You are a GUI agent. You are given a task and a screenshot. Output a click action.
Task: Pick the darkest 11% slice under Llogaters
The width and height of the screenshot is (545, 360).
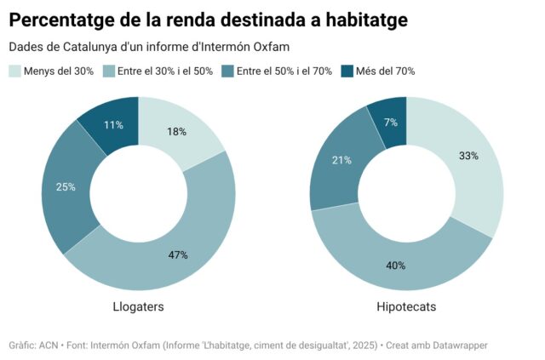click(x=113, y=123)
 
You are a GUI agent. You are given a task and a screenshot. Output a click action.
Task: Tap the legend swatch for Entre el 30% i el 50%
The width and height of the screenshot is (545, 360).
click(x=109, y=71)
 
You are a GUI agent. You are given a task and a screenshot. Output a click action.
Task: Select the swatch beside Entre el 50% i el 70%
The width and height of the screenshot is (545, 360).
click(x=228, y=71)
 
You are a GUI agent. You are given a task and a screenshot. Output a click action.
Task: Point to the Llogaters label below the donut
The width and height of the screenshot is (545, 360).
click(x=138, y=306)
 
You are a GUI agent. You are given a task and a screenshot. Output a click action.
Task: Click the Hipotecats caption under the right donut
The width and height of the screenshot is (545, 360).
click(x=406, y=306)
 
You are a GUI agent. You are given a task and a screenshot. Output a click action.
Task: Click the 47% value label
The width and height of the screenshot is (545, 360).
click(x=178, y=254)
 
